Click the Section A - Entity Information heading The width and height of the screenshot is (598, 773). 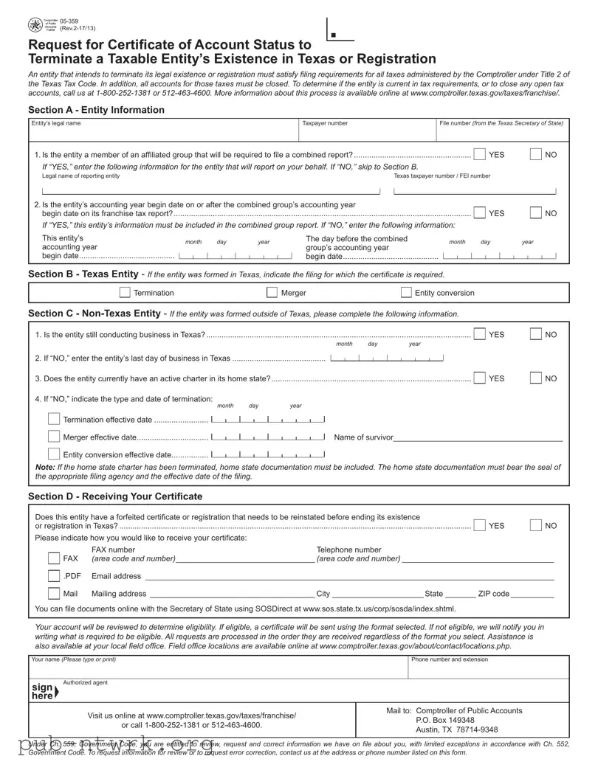click(96, 110)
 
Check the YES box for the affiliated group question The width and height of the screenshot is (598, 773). click(480, 154)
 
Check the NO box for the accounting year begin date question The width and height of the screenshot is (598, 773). click(536, 212)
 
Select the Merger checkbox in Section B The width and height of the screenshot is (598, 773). click(271, 293)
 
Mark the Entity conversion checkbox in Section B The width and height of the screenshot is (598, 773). click(406, 293)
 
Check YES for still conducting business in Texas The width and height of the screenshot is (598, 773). click(480, 334)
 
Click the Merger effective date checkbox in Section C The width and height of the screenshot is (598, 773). click(54, 437)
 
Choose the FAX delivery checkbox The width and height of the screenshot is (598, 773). click(54, 558)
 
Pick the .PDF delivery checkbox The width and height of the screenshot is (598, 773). click(54, 576)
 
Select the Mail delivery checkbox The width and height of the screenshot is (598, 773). click(54, 594)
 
